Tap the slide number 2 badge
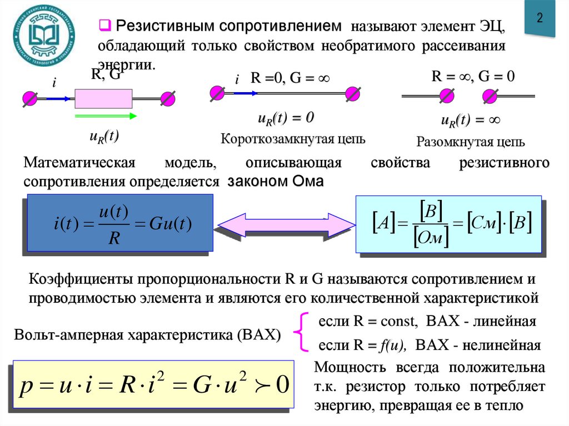coord(539,18)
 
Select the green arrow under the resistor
coord(106,116)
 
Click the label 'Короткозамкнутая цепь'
coord(293,139)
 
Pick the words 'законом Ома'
coord(274,181)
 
